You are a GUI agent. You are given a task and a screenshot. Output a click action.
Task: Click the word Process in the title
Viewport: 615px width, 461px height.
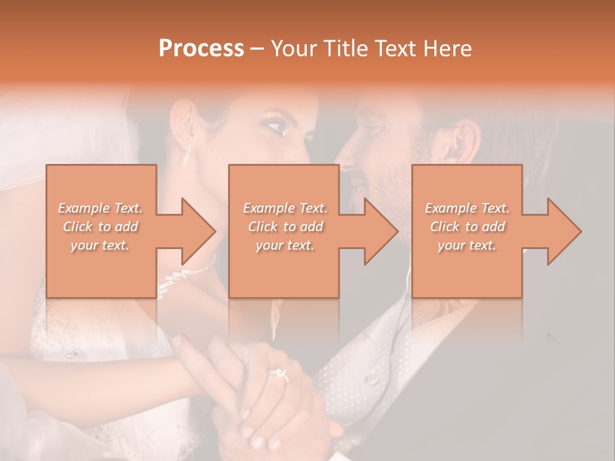pyautogui.click(x=201, y=49)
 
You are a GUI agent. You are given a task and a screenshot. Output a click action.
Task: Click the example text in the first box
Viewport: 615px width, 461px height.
pyautogui.click(x=100, y=227)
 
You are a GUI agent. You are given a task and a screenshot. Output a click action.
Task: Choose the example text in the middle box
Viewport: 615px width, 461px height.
pyautogui.click(x=285, y=227)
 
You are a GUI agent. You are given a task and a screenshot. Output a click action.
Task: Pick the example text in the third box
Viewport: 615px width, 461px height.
pyautogui.click(x=467, y=227)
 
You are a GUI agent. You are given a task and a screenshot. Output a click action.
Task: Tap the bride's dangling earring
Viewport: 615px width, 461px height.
pyautogui.click(x=187, y=154)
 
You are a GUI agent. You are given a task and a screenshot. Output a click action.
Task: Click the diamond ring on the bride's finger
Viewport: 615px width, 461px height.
pyautogui.click(x=279, y=374)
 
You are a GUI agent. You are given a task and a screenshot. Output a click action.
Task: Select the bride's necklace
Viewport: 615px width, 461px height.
pyautogui.click(x=186, y=272)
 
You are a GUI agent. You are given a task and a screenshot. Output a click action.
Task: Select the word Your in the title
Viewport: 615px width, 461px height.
pyautogui.click(x=292, y=49)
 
